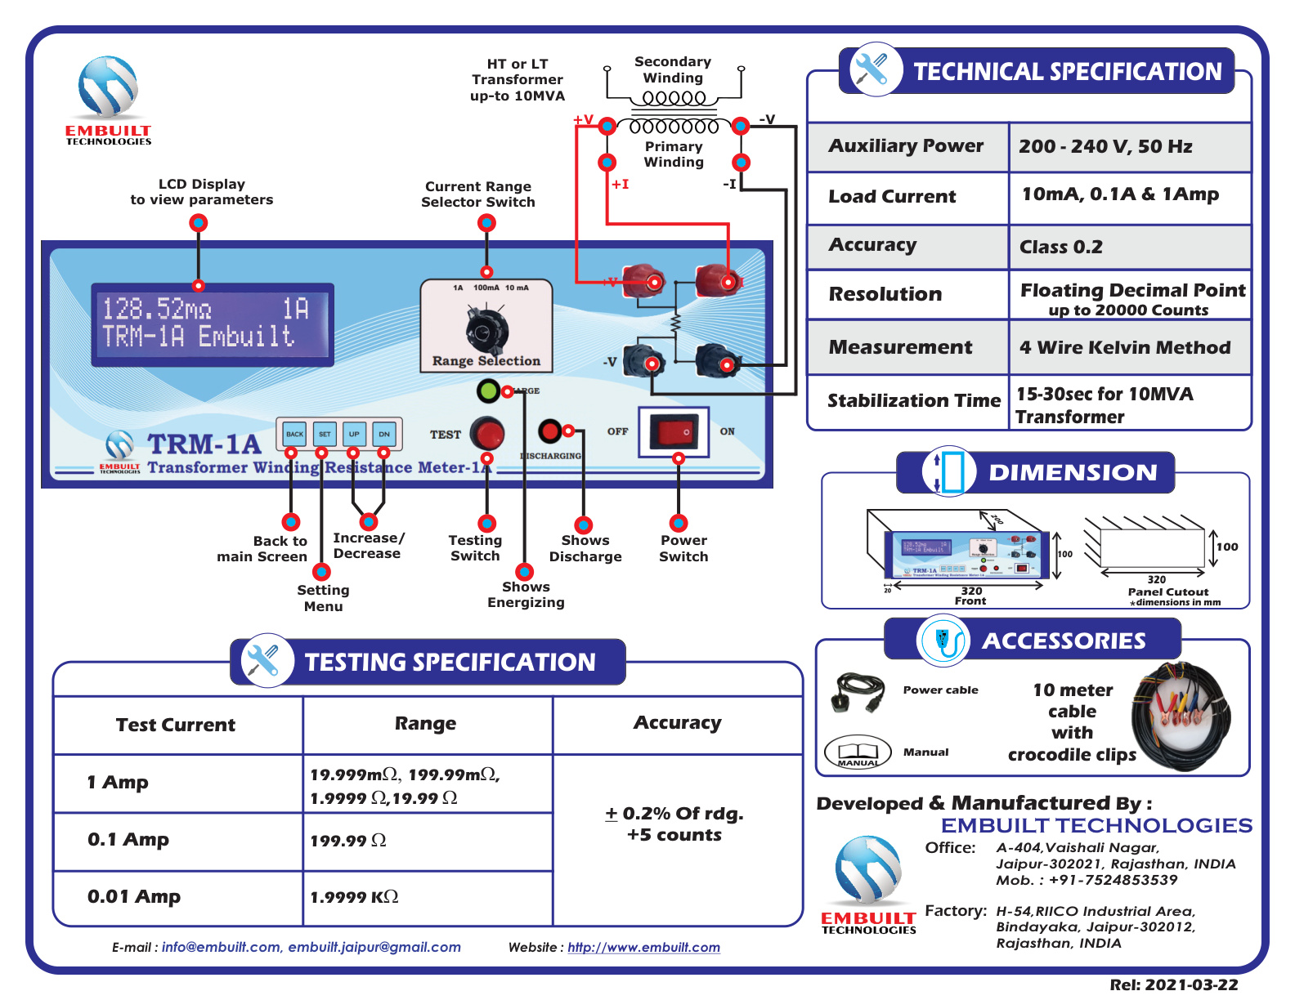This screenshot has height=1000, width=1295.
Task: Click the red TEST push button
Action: (489, 433)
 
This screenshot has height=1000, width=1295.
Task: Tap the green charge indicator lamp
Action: (488, 391)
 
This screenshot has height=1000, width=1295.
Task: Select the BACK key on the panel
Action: (294, 434)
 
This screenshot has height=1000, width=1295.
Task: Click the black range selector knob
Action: (486, 330)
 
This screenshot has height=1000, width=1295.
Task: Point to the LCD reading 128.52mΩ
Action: (157, 309)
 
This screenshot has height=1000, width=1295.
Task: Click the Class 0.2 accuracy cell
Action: (1128, 247)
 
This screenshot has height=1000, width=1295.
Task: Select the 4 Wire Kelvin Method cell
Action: (1128, 348)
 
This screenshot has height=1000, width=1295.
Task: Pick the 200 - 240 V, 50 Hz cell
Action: (1128, 147)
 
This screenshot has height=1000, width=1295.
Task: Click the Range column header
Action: (425, 724)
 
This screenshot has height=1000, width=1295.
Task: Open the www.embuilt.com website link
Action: (643, 948)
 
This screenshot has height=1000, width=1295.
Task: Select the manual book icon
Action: (857, 752)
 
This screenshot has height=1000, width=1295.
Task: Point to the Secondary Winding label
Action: (673, 70)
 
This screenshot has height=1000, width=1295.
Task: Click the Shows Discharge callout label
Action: (585, 548)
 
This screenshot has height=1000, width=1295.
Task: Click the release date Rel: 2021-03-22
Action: (1173, 985)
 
